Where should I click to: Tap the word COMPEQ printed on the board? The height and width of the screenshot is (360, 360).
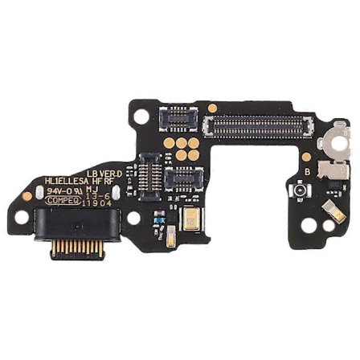point(62,201)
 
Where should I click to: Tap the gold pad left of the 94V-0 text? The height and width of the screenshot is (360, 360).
point(27,195)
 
